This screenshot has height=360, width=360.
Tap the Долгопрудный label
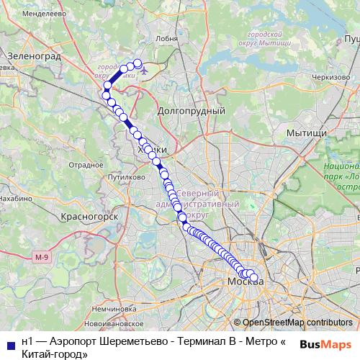click(191, 112)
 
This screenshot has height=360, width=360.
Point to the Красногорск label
click(90, 215)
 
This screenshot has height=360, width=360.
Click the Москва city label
click(244, 281)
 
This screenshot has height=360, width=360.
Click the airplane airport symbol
click(147, 71)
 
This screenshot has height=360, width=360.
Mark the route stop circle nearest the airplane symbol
click(138, 63)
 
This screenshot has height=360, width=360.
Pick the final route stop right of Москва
click(253, 277)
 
